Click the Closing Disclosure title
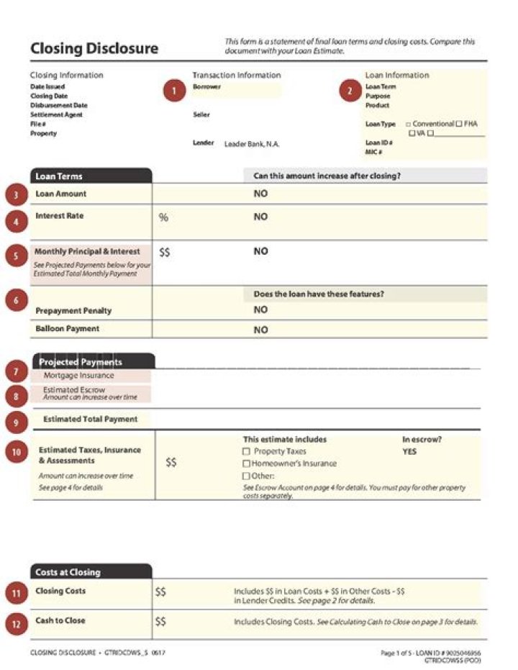point(94,49)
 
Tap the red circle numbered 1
point(174,91)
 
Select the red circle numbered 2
point(350,91)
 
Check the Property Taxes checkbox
point(246,451)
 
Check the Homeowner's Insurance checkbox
point(246,463)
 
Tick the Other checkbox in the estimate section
point(246,476)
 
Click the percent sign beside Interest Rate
point(163,217)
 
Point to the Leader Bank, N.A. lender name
point(252,144)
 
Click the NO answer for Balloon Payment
point(260,330)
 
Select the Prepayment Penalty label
point(73,311)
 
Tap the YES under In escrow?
point(409,452)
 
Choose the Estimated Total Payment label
point(90,419)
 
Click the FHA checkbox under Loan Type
point(458,124)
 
